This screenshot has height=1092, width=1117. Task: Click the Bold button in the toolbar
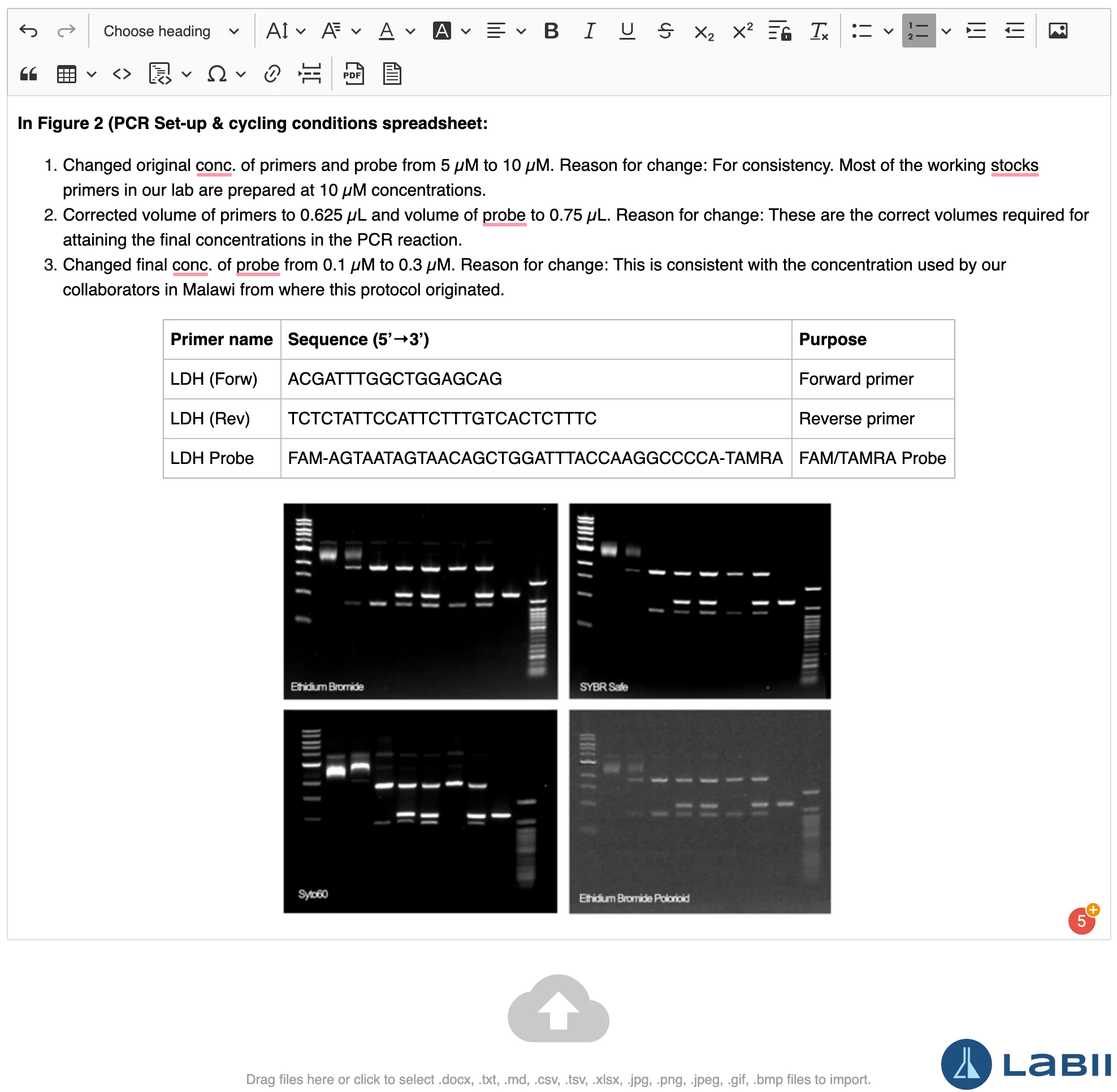[551, 31]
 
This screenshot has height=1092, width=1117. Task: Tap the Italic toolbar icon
[588, 31]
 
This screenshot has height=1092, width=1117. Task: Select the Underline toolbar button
[627, 31]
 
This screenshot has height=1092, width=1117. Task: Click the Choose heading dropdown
[170, 31]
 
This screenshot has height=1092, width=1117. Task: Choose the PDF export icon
[353, 74]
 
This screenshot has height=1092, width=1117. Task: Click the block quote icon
[29, 74]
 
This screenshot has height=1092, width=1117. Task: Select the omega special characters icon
[217, 74]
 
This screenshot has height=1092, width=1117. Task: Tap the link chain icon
[272, 74]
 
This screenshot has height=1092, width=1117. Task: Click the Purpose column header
[832, 339]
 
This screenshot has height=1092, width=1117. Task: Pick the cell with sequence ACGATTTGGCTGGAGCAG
[395, 379]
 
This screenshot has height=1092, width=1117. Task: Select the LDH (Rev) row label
[210, 419]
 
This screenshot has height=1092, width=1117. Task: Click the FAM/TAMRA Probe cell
[872, 458]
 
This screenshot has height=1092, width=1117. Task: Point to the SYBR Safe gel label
[603, 687]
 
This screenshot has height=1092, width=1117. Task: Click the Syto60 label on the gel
[313, 894]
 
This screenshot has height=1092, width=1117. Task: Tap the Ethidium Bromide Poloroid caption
[634, 898]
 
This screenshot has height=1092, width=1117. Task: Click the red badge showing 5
[1081, 921]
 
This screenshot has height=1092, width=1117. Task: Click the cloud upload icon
[558, 1009]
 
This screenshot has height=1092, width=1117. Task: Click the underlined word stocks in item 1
[1014, 166]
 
